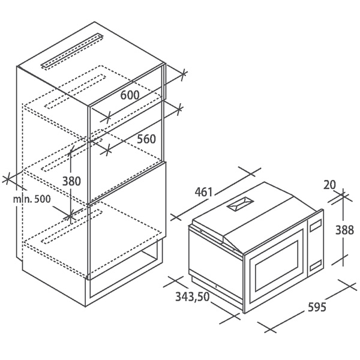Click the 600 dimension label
tap(130, 95)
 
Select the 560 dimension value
tap(146, 139)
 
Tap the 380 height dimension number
tap(71, 181)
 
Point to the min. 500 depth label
tap(31, 199)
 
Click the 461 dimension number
tap(203, 192)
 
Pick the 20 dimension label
tap(329, 185)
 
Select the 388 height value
tap(344, 230)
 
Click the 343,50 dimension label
tap(193, 297)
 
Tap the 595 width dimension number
tap(317, 307)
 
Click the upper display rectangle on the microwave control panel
tap(315, 225)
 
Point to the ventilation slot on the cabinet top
tap(72, 51)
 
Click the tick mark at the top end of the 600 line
tap(183, 74)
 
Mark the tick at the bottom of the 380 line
tap(70, 216)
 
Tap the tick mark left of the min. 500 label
tap(8, 179)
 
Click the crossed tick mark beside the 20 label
tap(343, 196)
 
